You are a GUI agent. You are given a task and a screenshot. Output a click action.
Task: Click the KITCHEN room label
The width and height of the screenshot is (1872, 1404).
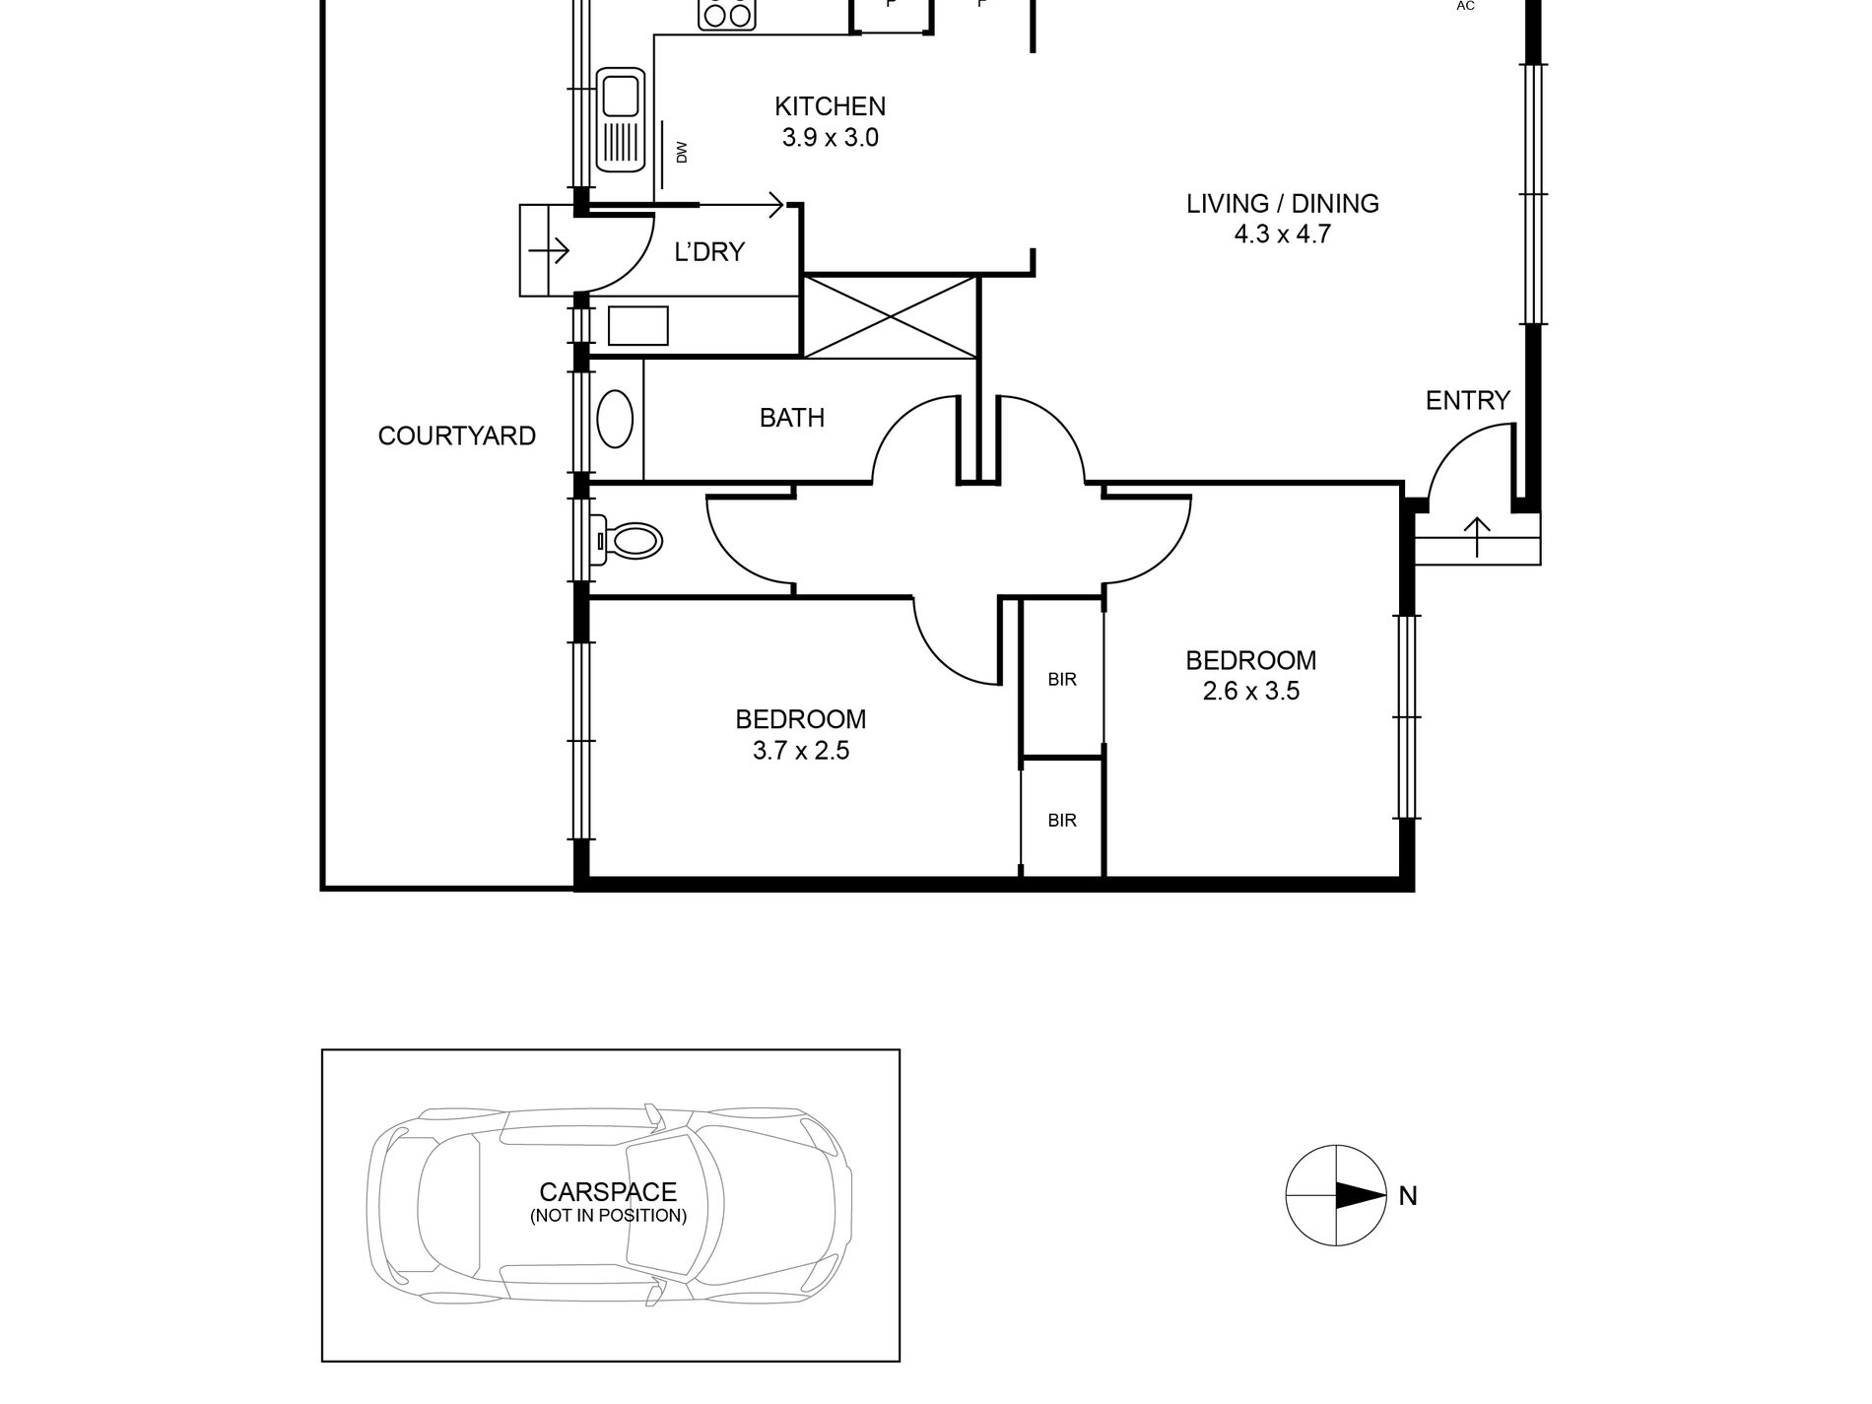click(x=830, y=106)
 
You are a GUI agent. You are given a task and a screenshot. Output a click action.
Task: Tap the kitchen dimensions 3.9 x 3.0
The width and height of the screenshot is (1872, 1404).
click(x=830, y=138)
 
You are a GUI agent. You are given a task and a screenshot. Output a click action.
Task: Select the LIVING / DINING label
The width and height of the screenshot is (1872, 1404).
click(x=1282, y=204)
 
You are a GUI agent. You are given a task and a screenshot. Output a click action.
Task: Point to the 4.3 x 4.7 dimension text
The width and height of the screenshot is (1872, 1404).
click(x=1282, y=234)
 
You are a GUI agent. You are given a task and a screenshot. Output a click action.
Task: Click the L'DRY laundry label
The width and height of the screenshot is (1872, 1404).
click(x=708, y=252)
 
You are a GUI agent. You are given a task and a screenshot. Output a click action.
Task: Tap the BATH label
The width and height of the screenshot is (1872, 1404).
click(x=791, y=418)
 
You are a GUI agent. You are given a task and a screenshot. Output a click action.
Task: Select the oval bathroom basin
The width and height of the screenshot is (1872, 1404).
click(x=617, y=420)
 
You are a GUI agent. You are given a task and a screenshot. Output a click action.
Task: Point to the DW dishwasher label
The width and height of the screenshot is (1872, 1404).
click(x=681, y=152)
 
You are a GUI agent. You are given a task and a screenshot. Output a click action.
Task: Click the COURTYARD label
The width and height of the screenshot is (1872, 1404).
click(x=456, y=435)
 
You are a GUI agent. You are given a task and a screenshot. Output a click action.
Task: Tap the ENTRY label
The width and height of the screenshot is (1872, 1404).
click(x=1467, y=400)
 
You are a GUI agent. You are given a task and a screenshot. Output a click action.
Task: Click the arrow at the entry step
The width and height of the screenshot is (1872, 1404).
click(x=1476, y=537)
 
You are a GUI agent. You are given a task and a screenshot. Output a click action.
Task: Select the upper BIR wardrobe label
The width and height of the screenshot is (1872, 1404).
click(x=1061, y=680)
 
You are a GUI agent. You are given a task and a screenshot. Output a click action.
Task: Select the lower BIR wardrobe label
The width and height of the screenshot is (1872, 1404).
click(x=1061, y=820)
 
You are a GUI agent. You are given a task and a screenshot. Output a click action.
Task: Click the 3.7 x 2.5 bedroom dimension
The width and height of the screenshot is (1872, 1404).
click(x=800, y=751)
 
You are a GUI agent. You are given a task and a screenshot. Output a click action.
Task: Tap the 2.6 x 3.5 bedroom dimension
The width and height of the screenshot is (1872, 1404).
click(x=1250, y=691)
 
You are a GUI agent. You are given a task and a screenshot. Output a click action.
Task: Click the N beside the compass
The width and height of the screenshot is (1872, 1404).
click(x=1407, y=1196)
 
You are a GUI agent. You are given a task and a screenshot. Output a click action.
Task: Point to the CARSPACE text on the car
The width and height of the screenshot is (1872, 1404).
click(x=608, y=1193)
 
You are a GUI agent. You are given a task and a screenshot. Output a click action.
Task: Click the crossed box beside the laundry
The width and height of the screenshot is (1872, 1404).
click(x=891, y=317)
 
